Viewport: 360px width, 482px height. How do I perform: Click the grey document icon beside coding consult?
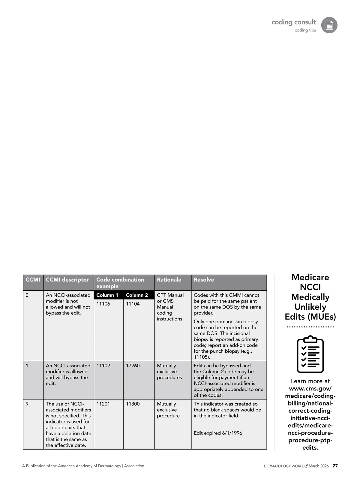point(329,25)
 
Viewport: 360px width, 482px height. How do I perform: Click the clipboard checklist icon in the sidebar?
point(310,354)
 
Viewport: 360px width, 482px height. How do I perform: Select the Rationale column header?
point(169,280)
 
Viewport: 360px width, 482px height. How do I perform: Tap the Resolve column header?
point(204,280)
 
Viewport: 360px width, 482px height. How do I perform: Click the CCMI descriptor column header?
point(67,280)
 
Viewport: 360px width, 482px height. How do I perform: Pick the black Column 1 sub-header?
point(107,295)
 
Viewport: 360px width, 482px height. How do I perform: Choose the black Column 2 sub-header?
point(137,295)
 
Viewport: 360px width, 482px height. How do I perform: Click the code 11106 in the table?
point(103,304)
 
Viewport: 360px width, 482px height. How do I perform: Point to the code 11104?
point(133,304)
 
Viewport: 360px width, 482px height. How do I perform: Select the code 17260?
point(133,366)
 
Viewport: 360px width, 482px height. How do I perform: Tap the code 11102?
point(103,366)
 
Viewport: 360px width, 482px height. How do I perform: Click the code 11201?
point(103,404)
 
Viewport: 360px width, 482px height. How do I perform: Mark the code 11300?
point(133,404)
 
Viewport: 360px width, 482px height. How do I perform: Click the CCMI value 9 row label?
point(27,404)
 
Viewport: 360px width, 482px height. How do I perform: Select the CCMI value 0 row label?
point(27,295)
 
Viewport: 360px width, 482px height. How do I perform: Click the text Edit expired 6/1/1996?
point(218,433)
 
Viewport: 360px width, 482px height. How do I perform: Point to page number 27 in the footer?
point(335,466)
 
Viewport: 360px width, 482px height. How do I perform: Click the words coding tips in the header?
point(305,30)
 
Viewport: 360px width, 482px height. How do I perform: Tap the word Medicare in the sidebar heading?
point(310,277)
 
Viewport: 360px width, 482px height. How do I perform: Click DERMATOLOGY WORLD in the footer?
point(284,466)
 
